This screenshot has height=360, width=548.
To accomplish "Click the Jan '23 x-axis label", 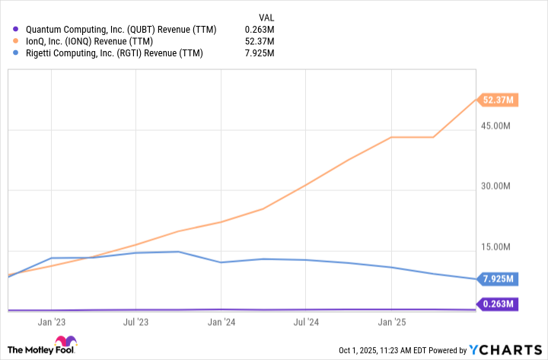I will (x=50, y=322).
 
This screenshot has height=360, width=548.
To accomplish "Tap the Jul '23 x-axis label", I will (x=135, y=322).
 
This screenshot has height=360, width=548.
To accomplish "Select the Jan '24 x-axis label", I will (x=221, y=322).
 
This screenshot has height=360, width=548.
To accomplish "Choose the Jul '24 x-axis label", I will (x=306, y=322).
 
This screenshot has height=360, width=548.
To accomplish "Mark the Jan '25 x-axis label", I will (x=391, y=322).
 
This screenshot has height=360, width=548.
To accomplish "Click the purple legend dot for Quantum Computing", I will (x=16, y=30).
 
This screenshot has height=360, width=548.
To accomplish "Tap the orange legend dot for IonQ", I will (x=16, y=41).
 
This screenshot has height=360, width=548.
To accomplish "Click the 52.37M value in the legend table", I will (x=259, y=41).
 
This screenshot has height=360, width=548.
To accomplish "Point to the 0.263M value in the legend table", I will (x=259, y=30).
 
